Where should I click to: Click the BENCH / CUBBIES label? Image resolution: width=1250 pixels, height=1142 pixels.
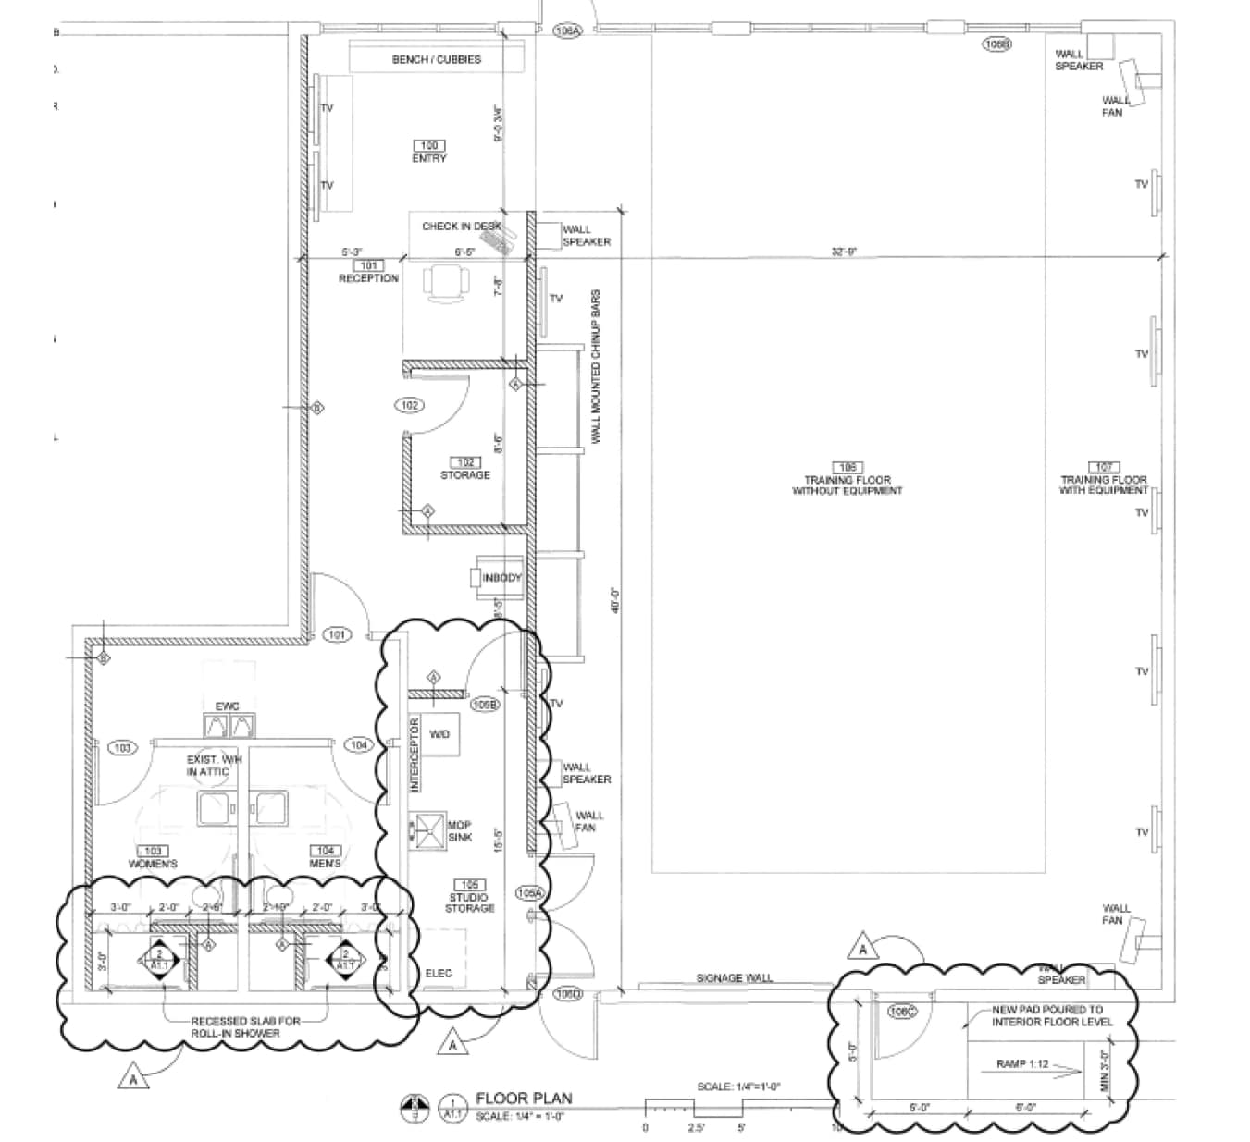click(436, 59)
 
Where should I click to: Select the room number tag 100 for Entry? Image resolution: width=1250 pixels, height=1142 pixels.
click(428, 145)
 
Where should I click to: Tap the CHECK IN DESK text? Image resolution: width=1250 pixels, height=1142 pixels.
click(461, 226)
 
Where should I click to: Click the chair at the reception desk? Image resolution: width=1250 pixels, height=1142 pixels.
click(444, 281)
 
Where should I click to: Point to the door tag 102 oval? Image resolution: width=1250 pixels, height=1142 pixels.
click(410, 405)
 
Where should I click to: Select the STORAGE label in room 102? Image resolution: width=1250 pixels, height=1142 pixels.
click(465, 475)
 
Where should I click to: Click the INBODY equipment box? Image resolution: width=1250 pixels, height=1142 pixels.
click(501, 578)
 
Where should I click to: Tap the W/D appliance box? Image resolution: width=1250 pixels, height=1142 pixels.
click(440, 734)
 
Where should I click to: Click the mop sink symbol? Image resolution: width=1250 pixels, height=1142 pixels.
click(428, 830)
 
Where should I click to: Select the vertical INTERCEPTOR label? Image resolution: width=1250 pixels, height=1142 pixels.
click(415, 753)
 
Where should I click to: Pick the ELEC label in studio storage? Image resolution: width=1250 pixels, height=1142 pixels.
click(439, 974)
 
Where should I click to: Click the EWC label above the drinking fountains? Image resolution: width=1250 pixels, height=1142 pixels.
click(228, 706)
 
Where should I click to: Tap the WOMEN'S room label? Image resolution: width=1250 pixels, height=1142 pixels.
click(153, 864)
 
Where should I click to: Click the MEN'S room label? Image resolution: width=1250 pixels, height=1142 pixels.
click(326, 864)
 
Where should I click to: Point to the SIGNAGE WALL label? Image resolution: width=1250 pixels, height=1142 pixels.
click(734, 978)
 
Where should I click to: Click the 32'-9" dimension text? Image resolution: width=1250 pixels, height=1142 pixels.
click(844, 252)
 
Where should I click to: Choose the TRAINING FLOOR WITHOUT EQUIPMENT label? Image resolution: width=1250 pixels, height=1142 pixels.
click(847, 485)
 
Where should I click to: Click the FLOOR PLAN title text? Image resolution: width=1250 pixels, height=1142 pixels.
click(524, 1099)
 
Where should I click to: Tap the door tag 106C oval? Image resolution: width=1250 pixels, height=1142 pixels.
click(902, 1012)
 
